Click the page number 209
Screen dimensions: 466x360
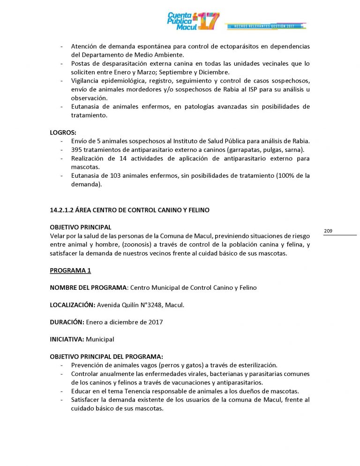[328, 231]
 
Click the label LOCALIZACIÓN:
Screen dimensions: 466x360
[72, 305]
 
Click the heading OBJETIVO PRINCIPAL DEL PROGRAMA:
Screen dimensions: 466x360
[106, 356]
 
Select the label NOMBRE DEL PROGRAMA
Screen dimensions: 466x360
[88, 287]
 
